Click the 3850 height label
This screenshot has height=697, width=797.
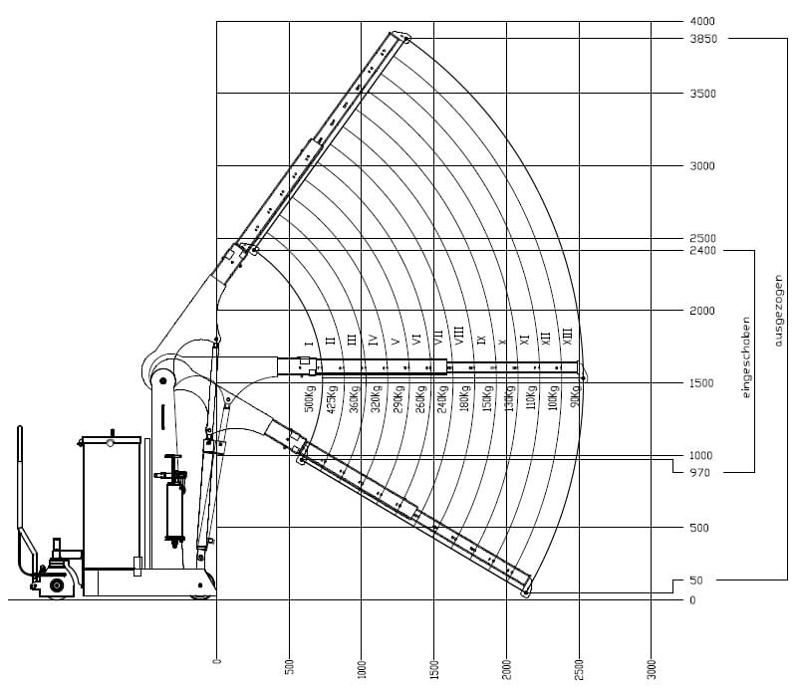point(702,39)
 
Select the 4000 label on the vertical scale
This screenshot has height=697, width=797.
point(702,21)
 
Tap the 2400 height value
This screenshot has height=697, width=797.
point(702,251)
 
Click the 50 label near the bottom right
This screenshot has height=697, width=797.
point(695,581)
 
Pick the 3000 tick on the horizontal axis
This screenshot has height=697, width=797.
point(653,669)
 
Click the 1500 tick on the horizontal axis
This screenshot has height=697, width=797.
point(434,669)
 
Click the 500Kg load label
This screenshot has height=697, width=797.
point(310,397)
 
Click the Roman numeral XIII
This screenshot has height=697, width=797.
point(568,337)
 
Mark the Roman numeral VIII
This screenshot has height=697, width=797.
point(459,337)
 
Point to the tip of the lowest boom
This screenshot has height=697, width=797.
point(525,593)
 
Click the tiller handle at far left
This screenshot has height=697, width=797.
point(20,498)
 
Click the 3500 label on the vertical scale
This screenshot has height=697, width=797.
point(702,94)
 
